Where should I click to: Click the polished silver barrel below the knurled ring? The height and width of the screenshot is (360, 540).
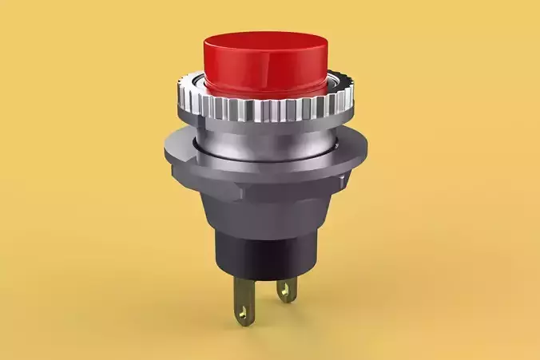263,140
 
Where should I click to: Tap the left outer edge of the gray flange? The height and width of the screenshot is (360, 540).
165,149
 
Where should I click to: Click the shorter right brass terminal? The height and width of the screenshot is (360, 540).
286,290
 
